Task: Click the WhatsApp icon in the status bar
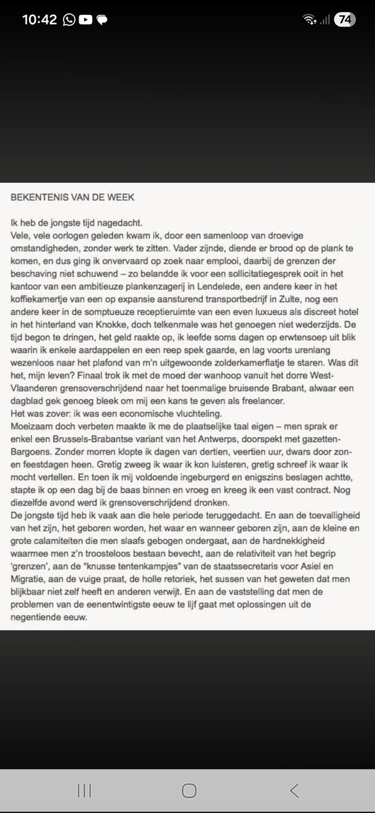[69, 20]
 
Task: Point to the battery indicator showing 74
[345, 20]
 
